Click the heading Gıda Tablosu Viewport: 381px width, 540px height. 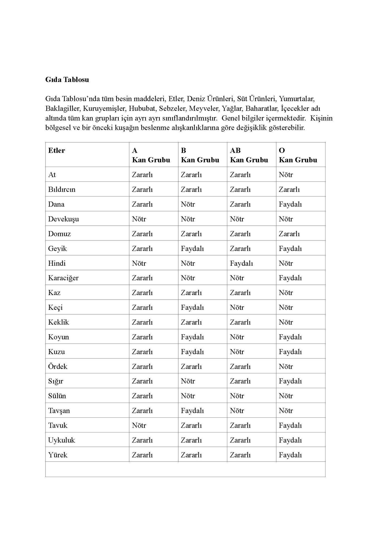point(67,80)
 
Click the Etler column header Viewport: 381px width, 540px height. point(57,151)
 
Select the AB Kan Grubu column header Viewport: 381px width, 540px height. point(249,155)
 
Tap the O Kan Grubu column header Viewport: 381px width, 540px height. point(298,155)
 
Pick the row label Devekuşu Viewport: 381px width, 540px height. point(63,219)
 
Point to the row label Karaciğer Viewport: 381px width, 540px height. point(63,278)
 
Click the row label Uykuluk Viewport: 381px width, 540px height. point(62,440)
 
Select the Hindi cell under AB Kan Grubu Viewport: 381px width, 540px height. point(241,263)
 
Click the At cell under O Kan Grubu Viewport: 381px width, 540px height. point(286,175)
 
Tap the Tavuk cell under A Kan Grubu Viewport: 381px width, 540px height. point(139,425)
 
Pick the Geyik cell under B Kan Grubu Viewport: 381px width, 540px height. point(192,248)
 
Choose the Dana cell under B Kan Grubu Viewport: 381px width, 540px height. point(188,204)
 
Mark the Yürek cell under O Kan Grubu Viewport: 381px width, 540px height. point(290,455)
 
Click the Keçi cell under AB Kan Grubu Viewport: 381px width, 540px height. point(237,307)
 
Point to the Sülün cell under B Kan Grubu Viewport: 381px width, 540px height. point(188,396)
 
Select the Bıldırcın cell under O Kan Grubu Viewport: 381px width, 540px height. point(289,190)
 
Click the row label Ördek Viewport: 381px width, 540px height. point(58,367)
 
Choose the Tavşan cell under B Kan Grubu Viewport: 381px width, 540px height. point(192,411)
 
